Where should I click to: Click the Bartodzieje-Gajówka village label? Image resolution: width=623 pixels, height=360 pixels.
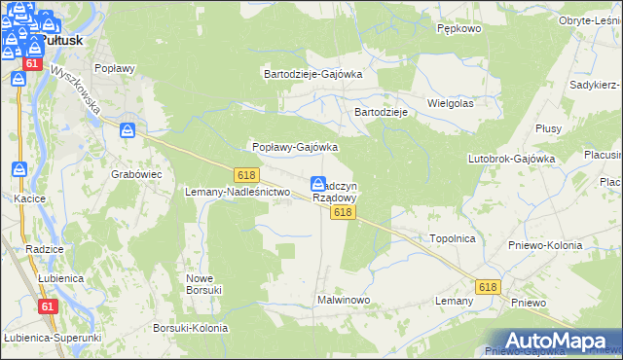coord(313,73)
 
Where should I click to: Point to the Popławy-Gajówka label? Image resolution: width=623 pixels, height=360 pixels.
coord(295,147)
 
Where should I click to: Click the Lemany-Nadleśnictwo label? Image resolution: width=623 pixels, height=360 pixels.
coord(238,193)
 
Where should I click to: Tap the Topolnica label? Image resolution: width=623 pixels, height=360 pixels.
coord(451,237)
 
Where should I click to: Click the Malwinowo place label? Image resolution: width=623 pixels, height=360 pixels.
coord(344,300)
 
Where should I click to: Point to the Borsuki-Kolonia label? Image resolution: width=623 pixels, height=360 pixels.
coord(191,328)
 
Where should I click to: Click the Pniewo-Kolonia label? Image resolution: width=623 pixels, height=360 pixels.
coord(545,245)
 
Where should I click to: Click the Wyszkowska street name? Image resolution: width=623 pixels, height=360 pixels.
coord(77,90)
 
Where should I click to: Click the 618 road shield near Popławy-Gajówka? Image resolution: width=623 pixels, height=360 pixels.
coord(245,174)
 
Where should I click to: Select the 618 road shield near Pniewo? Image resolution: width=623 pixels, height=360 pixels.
coord(489,287)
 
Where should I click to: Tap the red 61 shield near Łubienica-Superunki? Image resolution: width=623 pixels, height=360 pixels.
coord(47,306)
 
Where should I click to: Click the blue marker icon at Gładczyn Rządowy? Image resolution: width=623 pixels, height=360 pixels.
coord(318,184)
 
